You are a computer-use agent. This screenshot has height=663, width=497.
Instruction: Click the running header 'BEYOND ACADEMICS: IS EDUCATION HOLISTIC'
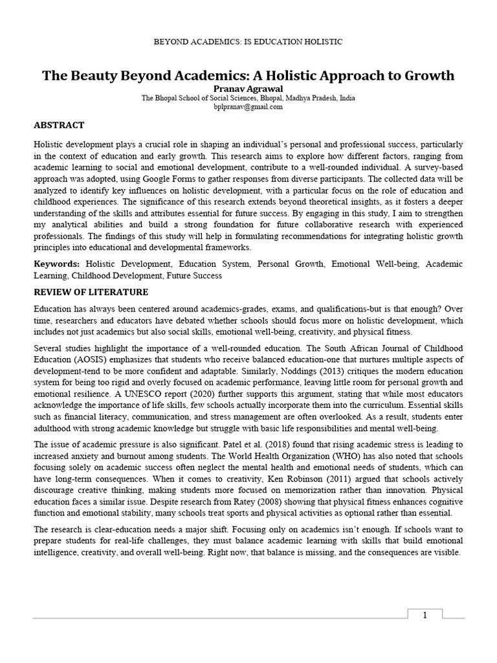[x=248, y=42]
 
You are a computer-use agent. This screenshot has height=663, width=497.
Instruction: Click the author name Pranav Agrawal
[x=248, y=88]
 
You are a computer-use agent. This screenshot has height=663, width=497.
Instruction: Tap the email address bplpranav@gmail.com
[x=248, y=107]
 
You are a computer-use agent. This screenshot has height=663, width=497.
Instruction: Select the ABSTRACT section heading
[x=58, y=125]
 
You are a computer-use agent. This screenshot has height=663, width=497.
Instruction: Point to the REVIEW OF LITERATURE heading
[x=91, y=292]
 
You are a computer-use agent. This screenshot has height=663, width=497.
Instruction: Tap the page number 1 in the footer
[x=425, y=615]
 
